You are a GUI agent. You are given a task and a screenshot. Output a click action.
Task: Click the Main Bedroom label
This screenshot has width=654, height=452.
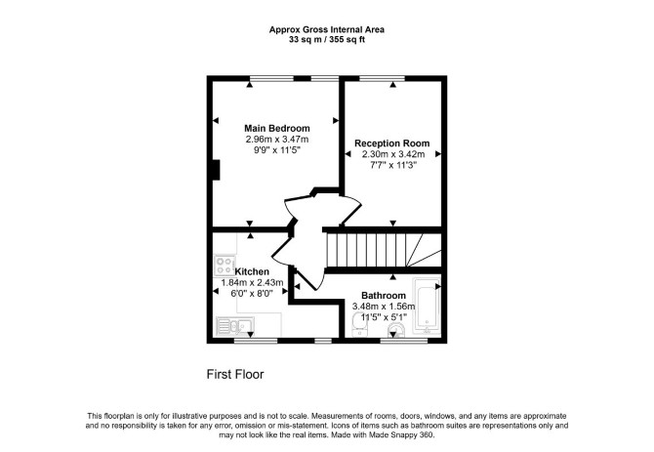277,128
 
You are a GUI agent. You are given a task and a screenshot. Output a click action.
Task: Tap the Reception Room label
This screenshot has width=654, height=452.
391,144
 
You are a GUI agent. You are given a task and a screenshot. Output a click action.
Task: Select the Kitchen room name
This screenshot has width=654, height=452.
252,271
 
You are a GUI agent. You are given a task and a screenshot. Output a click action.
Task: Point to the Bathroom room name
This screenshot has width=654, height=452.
384,296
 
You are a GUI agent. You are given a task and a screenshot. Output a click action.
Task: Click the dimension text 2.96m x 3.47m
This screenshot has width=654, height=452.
277,140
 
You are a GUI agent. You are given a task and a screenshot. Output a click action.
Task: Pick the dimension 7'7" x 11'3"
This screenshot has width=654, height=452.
393,165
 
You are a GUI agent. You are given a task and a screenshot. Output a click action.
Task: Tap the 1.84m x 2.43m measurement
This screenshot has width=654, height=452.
252,283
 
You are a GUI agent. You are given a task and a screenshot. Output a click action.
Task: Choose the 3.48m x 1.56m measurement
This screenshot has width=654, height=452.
384,307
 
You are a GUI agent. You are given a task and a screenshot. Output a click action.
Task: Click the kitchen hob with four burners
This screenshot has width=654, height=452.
224,266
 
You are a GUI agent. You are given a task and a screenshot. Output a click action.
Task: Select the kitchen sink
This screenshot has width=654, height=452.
235,326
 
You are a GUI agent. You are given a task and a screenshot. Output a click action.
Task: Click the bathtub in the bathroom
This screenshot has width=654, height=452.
427,306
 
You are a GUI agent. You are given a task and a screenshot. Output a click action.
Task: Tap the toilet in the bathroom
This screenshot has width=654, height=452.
395,331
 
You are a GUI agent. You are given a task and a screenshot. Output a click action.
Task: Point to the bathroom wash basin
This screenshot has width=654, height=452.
358,325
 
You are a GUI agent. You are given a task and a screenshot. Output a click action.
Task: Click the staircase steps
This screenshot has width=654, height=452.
384,250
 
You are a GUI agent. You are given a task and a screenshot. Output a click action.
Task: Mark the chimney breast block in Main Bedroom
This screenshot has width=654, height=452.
216,170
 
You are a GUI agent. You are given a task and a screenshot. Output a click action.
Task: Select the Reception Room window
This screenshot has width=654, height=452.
382,78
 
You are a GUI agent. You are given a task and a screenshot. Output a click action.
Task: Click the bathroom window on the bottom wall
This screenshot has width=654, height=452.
404,341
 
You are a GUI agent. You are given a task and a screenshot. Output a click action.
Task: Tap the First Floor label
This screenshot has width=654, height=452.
235,374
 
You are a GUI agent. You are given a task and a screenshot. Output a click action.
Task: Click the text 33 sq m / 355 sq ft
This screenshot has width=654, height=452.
327,40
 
